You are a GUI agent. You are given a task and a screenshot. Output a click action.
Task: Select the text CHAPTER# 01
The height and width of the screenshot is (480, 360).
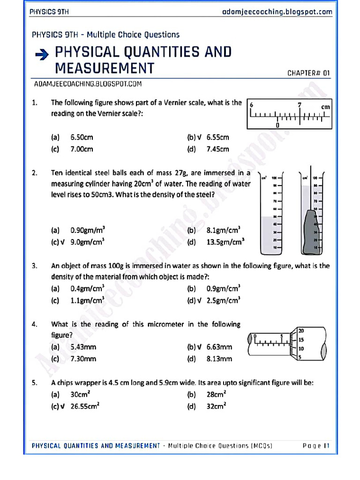click(x=308, y=73)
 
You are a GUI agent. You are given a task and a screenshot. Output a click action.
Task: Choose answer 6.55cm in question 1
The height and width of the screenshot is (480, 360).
click(x=217, y=137)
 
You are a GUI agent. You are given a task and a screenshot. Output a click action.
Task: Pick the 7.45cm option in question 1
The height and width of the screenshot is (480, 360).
click(x=217, y=150)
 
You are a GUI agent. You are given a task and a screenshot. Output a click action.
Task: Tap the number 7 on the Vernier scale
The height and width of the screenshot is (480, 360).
click(x=299, y=105)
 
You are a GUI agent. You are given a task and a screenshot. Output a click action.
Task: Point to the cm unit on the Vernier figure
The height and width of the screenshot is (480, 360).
click(x=325, y=107)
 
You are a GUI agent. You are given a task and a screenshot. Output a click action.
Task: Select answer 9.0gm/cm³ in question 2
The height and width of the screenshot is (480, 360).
click(x=87, y=242)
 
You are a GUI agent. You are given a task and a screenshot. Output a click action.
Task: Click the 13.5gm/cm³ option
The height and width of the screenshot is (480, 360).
click(x=225, y=242)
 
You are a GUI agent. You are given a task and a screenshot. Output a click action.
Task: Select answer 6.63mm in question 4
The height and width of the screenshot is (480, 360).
click(x=219, y=347)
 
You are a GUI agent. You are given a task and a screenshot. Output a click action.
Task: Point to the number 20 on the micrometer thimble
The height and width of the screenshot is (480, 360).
click(x=301, y=330)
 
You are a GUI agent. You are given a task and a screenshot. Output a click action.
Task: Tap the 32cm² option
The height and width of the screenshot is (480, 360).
click(x=217, y=407)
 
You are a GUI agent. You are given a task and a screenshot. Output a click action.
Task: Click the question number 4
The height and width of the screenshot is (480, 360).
click(x=35, y=324)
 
